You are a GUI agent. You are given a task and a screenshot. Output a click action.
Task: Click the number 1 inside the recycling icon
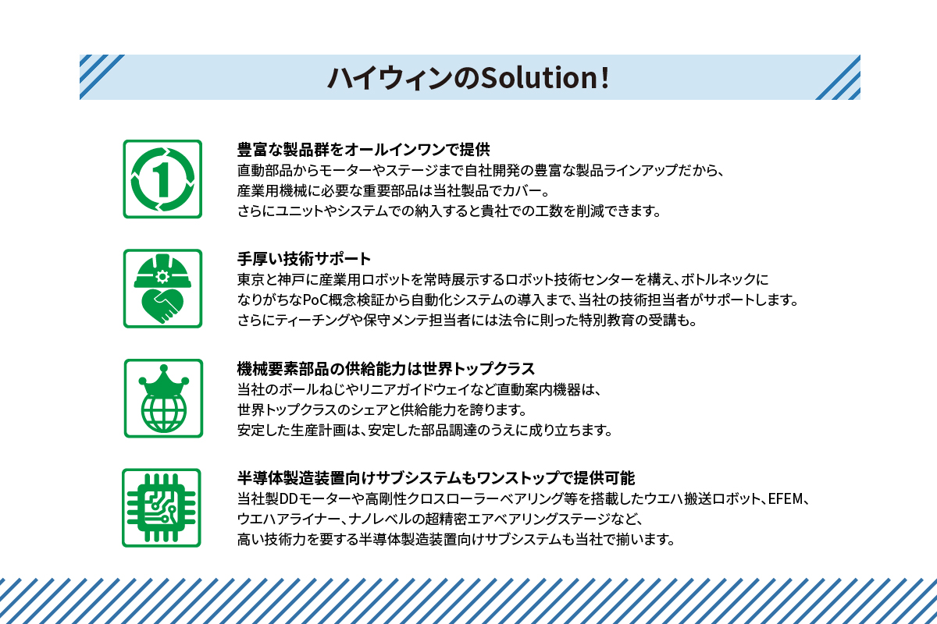point(162,179)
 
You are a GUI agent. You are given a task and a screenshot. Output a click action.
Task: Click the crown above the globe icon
point(162,380)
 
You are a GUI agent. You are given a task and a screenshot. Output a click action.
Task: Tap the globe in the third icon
point(162,412)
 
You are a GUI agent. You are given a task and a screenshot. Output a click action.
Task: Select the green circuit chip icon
point(162,507)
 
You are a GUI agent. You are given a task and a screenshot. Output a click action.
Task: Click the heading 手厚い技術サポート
point(304,258)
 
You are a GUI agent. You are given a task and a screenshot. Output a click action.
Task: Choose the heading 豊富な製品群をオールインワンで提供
point(363,149)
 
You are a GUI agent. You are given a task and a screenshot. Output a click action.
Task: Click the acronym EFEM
point(790,498)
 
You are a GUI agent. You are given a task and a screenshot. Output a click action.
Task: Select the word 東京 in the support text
point(250,279)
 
